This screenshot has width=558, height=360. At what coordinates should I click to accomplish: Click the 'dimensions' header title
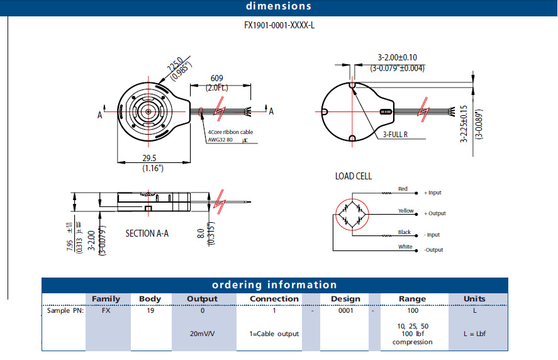point(278,6)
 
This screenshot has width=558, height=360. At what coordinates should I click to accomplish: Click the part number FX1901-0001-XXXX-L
point(279,26)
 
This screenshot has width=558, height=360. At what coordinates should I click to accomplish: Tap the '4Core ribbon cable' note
point(231,132)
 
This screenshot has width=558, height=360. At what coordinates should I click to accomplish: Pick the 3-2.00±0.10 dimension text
point(398,57)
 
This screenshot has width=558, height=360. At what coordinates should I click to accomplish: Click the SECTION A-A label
point(147,233)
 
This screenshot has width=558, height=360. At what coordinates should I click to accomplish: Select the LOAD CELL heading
point(353,176)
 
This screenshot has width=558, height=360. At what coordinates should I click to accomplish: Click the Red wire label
point(403,189)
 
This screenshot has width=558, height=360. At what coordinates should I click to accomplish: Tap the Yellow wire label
point(406,211)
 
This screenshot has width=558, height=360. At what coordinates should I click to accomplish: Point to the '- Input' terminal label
point(432,235)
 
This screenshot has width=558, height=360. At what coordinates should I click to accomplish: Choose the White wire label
point(405,247)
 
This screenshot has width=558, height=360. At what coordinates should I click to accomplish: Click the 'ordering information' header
point(274,285)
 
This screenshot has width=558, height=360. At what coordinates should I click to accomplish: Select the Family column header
point(106,299)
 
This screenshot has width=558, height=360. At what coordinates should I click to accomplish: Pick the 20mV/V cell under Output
point(203,334)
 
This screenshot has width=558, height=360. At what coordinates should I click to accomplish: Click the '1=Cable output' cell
point(274,334)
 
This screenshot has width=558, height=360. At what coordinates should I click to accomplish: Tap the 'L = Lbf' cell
point(474,334)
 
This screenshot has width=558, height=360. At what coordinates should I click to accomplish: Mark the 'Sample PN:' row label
point(63,311)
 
